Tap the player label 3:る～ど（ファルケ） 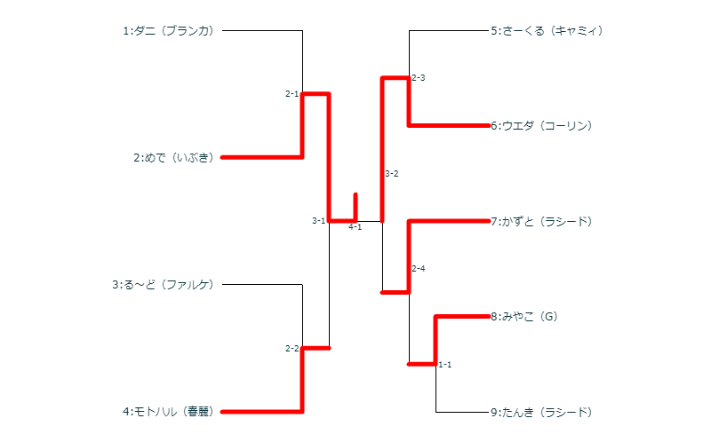click(x=163, y=285)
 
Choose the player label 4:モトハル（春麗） click(x=169, y=412)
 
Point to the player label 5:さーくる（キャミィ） click(x=547, y=31)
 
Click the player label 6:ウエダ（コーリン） click(x=541, y=126)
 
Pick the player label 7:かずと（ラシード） click(x=541, y=221)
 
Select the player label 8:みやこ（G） click(x=523, y=316)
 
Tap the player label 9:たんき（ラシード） click(x=541, y=412)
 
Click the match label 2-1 click(x=292, y=94)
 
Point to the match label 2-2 click(x=292, y=349)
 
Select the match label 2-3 click(x=419, y=78)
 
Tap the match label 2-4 click(x=419, y=269)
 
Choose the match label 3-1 click(x=318, y=221)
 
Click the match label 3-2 click(x=392, y=174)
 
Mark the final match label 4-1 click(x=355, y=227)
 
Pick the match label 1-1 click(x=445, y=365)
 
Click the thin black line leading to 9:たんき click(x=462, y=412)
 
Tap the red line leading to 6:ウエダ click(x=449, y=126)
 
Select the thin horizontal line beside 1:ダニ click(x=262, y=31)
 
